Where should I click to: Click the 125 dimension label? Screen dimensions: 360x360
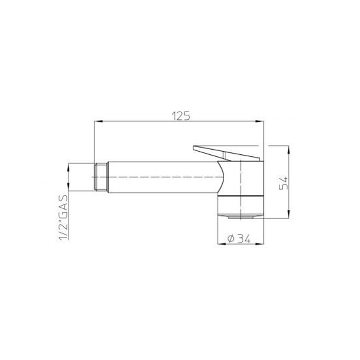[181, 116]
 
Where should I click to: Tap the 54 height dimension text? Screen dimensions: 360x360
[283, 183]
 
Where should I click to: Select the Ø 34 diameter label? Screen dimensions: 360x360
[239, 239]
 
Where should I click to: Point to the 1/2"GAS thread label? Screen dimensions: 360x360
[64, 218]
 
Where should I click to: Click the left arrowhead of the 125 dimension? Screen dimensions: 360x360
[98, 121]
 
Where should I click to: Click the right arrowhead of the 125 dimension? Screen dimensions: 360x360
[260, 121]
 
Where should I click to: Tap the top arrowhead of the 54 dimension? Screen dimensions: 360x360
[289, 150]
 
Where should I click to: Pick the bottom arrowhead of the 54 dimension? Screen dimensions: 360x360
[289, 214]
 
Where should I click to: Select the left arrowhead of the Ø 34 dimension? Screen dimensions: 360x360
[221, 244]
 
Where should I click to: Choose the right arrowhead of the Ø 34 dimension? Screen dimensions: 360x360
[260, 244]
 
